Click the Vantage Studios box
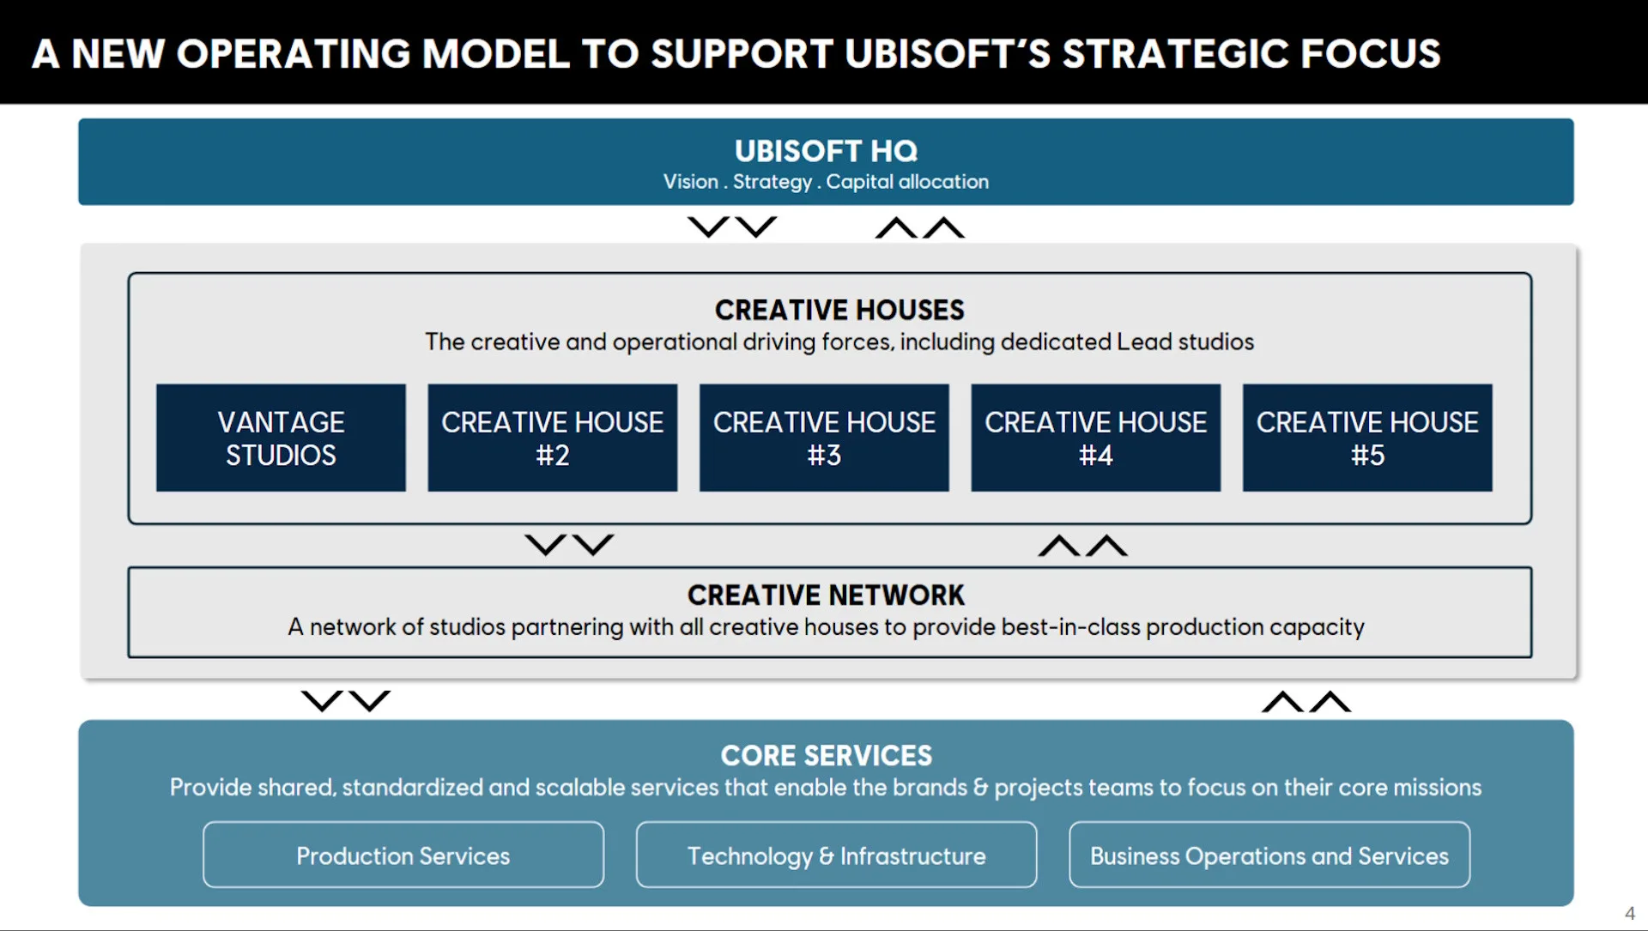click(x=281, y=438)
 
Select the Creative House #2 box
click(x=552, y=438)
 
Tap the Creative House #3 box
click(x=824, y=438)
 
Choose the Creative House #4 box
click(x=1095, y=438)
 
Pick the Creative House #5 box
click(x=1367, y=438)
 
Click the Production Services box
click(x=403, y=855)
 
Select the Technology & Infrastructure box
click(x=836, y=855)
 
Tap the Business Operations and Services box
click(x=1269, y=855)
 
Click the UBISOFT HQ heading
click(x=826, y=151)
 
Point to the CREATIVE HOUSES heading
click(x=839, y=310)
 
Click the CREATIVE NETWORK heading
click(x=826, y=595)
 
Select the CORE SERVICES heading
click(x=826, y=755)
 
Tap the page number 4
click(x=1629, y=913)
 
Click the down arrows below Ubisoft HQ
click(x=732, y=227)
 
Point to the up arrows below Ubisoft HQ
click(x=920, y=227)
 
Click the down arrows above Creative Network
click(x=569, y=545)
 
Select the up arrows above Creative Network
click(x=1082, y=546)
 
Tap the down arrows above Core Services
click(x=345, y=701)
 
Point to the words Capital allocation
click(x=907, y=182)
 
